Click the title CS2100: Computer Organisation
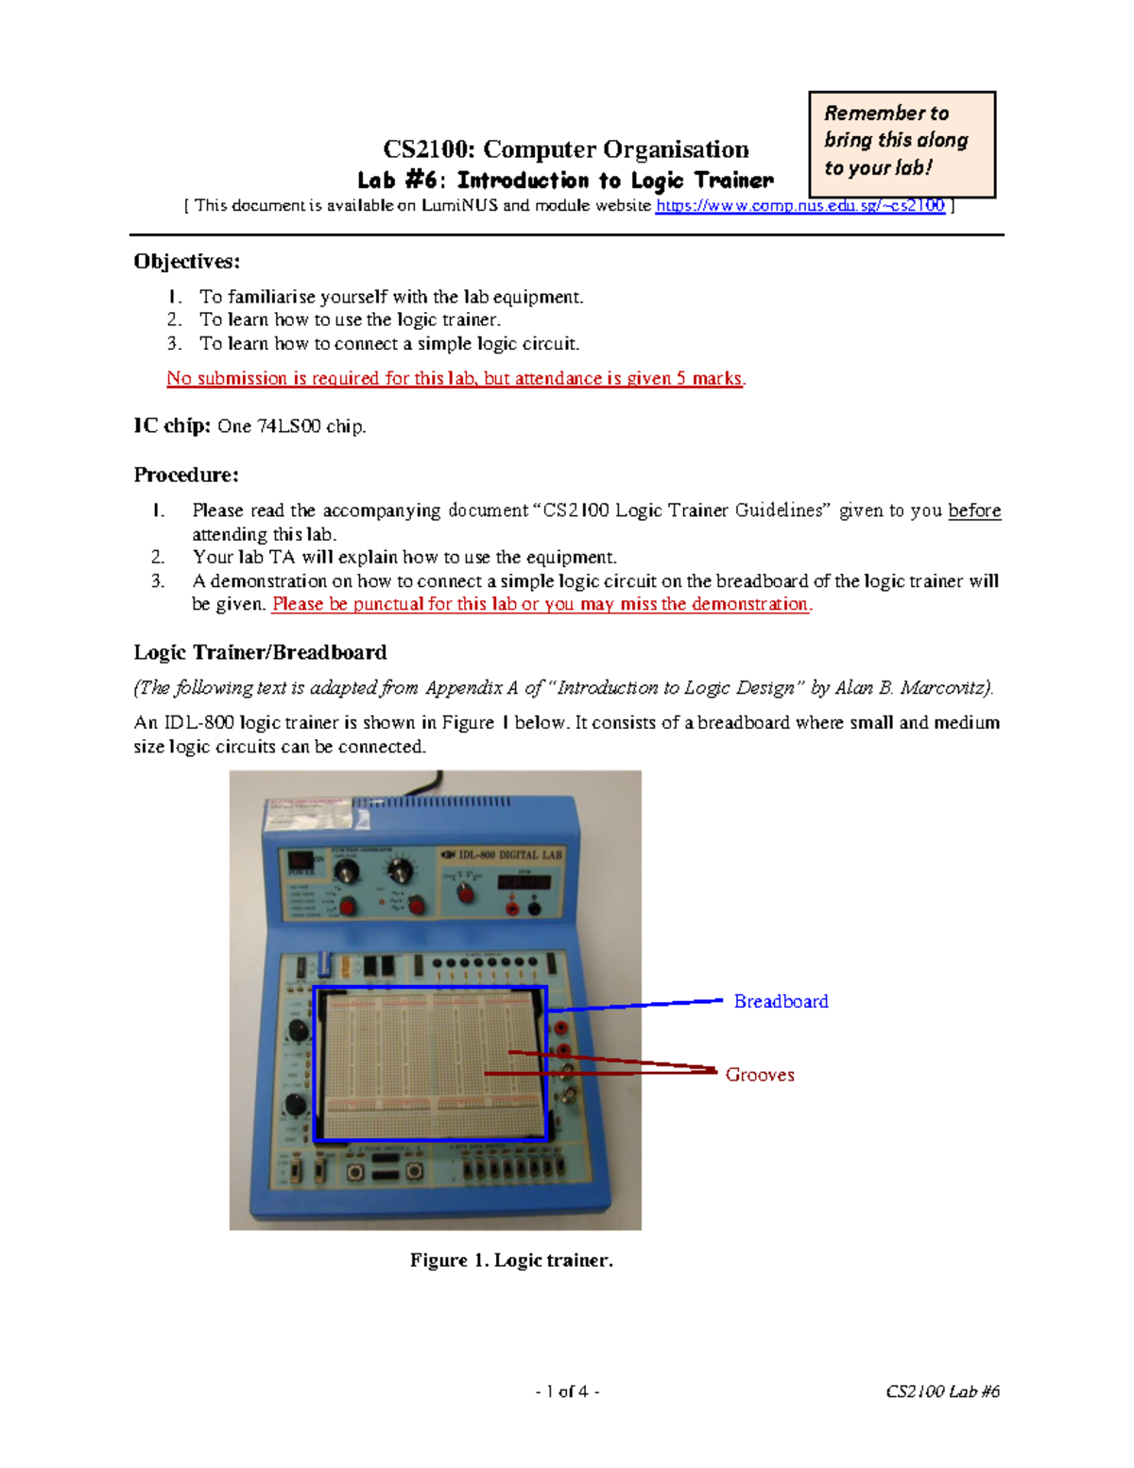coord(565,149)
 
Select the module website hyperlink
coord(799,205)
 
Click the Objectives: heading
coord(187,261)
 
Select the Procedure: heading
coord(186,475)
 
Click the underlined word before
coord(973,510)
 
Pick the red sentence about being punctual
coord(541,604)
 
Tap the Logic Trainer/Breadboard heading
coord(260,652)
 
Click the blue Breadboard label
coord(781,1001)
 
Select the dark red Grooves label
coord(760,1075)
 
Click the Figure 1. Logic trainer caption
coord(511,1260)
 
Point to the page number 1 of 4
coord(567,1391)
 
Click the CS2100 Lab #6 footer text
coord(942,1391)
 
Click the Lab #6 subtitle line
coord(565,180)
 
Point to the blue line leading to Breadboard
coord(643,1005)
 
